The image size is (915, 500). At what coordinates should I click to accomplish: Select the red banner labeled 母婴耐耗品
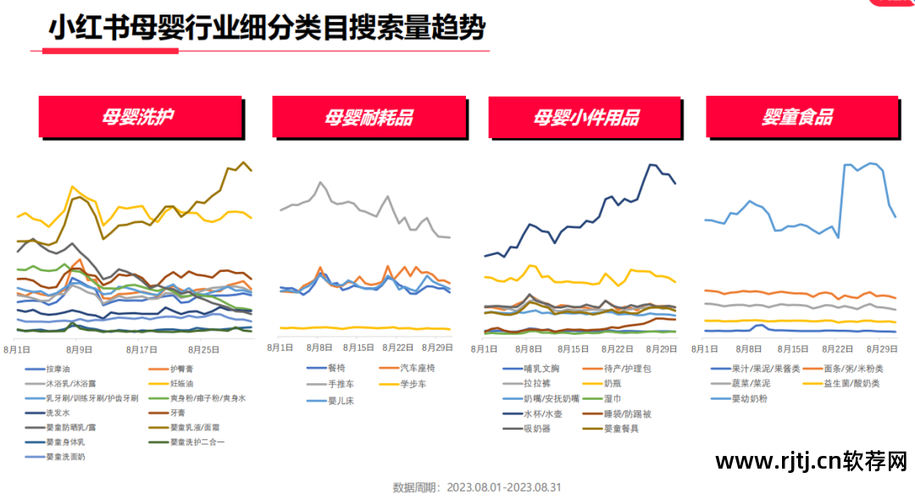pos(369,117)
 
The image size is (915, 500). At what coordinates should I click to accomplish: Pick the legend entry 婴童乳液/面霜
pos(197,427)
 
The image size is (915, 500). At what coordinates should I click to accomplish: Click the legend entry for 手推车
pos(341,384)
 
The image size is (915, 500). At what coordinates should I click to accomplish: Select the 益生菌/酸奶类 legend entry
pos(853,384)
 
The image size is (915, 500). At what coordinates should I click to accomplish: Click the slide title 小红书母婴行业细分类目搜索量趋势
pos(267,29)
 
